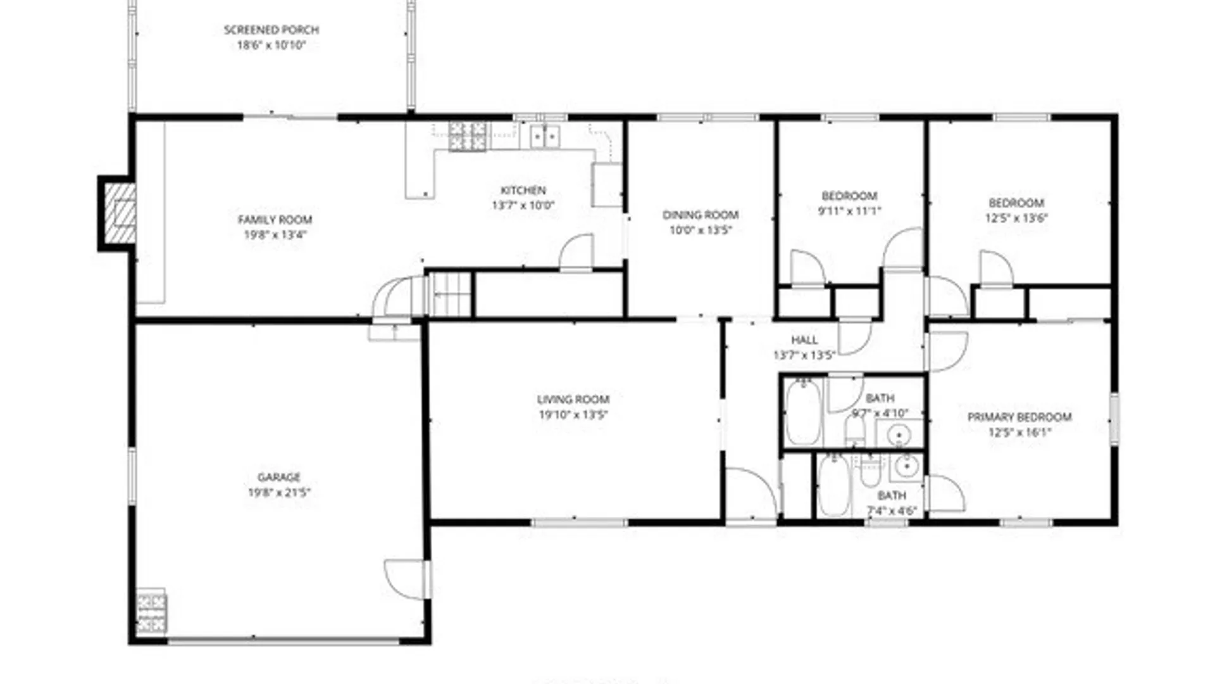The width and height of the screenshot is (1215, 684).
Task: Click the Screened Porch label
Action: (271, 30)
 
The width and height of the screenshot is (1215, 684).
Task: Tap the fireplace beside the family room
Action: (120, 213)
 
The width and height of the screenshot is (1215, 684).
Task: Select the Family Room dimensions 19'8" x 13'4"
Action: (275, 235)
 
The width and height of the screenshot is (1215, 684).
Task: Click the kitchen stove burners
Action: (468, 136)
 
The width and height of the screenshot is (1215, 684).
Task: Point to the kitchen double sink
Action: (544, 137)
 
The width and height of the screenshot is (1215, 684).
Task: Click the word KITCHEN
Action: (523, 190)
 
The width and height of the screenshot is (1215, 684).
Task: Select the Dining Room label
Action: (701, 215)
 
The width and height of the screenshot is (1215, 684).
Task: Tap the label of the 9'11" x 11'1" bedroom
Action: (849, 196)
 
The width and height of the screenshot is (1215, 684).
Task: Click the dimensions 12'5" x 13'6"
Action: (1016, 218)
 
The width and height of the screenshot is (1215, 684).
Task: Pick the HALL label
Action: (804, 340)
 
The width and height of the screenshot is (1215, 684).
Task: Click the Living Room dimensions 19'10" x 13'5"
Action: (573, 415)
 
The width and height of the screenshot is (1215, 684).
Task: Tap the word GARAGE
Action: (279, 478)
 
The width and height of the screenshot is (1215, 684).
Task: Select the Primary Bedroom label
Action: (1019, 417)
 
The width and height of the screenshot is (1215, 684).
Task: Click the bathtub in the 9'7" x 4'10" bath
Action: (804, 412)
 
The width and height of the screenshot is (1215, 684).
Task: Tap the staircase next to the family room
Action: (451, 294)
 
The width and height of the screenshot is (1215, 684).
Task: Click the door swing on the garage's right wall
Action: (405, 578)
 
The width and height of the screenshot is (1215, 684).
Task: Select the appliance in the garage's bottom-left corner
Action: (152, 612)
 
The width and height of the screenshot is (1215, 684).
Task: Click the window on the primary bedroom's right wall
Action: (1114, 417)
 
